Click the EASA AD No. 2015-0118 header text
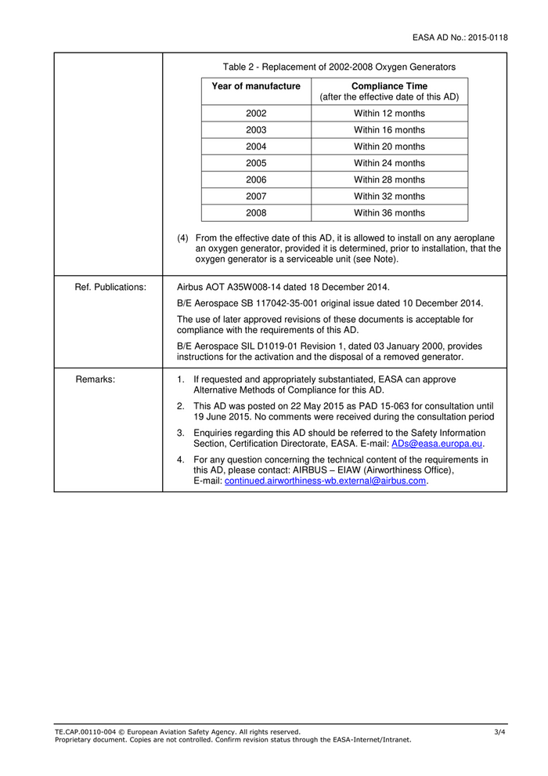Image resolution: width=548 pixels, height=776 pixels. pos(460,37)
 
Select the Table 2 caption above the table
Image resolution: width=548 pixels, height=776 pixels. pos(339,67)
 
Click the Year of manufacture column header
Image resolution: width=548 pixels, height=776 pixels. pos(256,86)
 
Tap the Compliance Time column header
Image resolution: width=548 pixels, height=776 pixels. pos(389,91)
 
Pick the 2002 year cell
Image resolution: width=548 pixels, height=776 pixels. pos(256,114)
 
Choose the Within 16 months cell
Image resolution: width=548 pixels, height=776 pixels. pos(389,130)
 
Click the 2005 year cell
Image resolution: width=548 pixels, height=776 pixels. pos(256,163)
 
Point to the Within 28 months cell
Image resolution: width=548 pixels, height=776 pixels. pos(389,179)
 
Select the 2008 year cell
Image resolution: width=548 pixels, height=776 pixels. pos(256,212)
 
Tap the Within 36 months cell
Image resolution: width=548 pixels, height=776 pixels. pos(389,212)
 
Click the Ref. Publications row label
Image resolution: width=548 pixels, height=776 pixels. pos(110,287)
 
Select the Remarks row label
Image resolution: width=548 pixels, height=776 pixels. pos(96,379)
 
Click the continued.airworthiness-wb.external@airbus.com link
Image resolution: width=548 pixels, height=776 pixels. pos(326,480)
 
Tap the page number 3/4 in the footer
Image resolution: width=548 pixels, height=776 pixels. pos(499,732)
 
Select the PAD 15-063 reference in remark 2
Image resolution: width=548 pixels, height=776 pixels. pos(375,406)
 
